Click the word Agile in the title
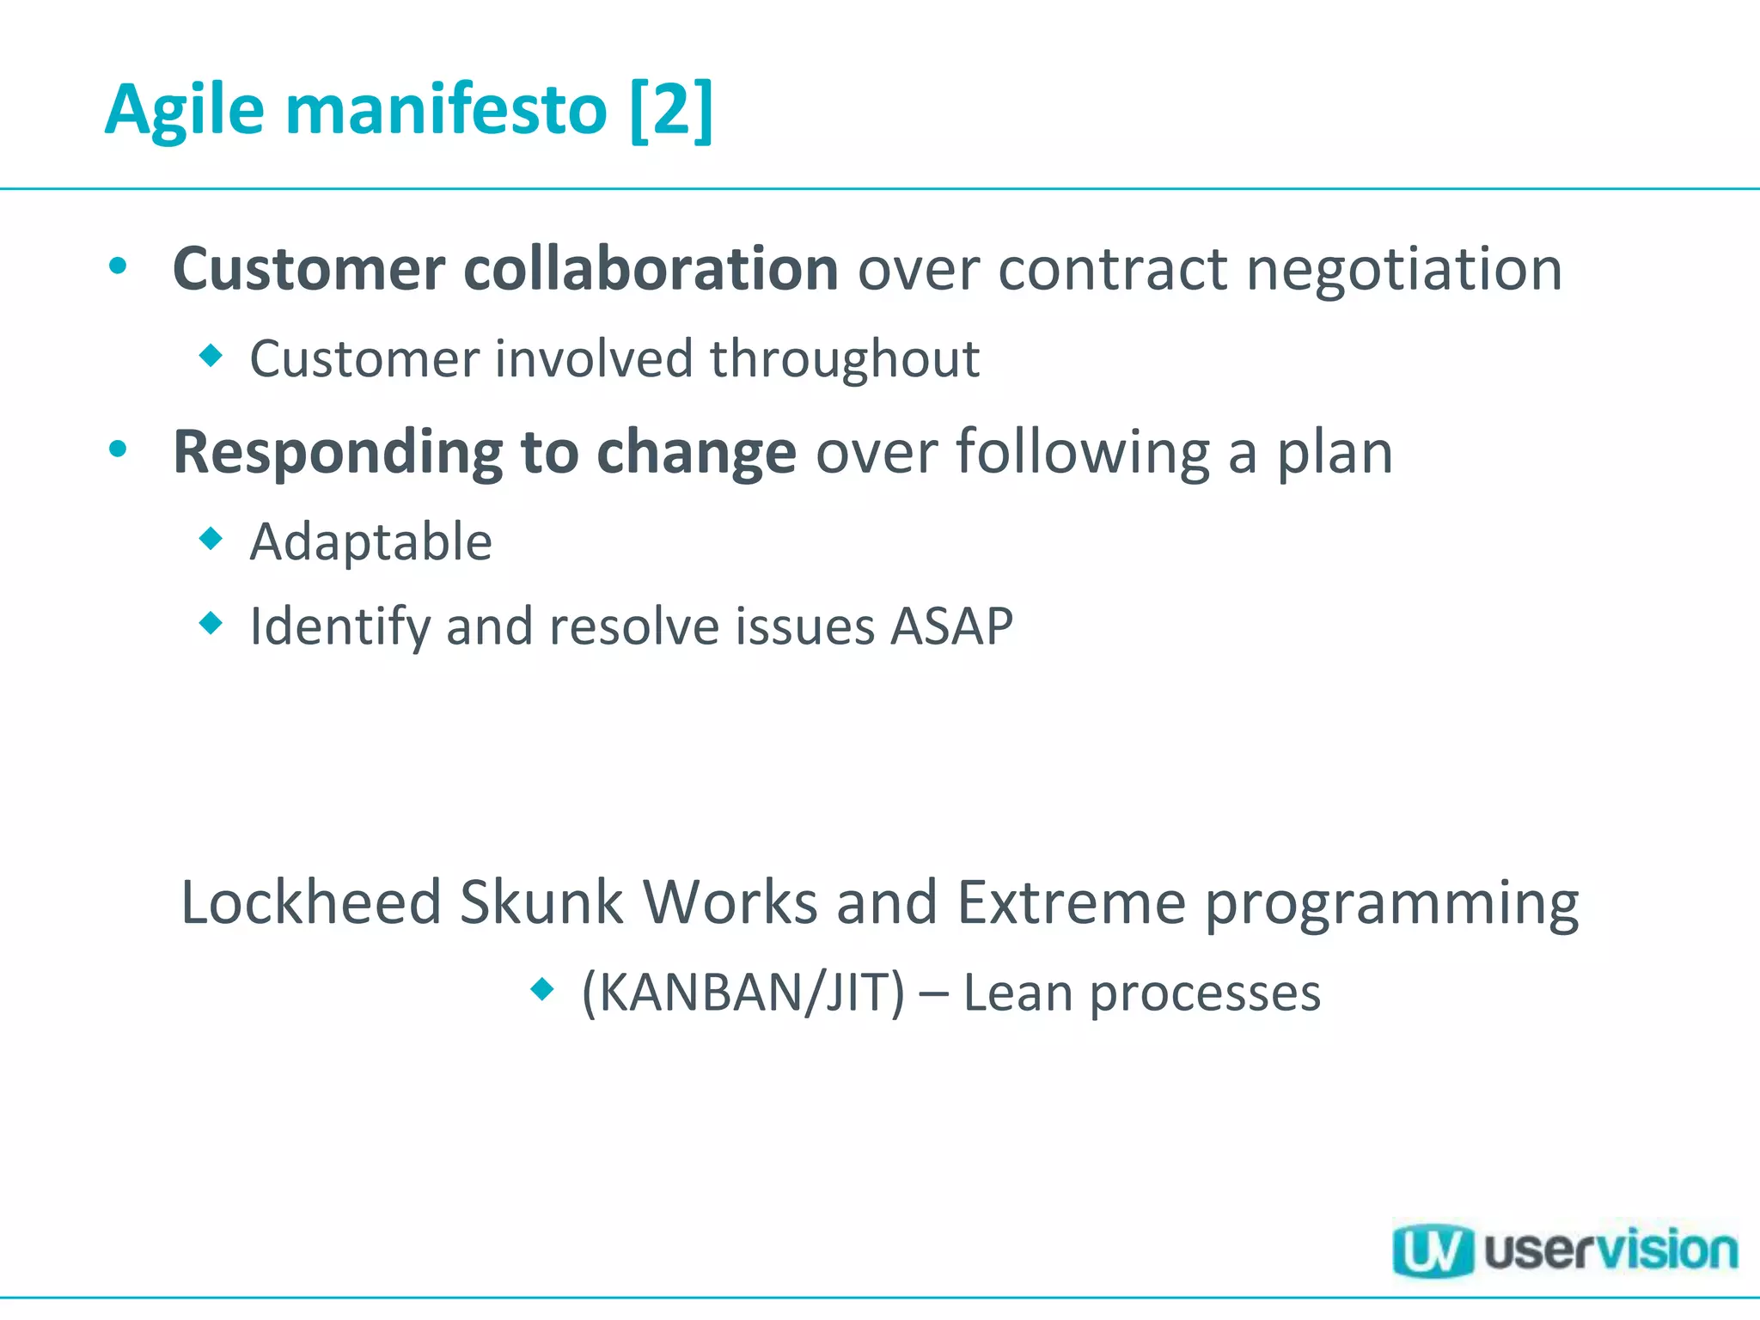(x=185, y=110)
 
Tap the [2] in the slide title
(x=671, y=110)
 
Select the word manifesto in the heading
(x=446, y=110)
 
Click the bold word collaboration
(x=651, y=269)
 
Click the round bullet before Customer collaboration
(x=119, y=266)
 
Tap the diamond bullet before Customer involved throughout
(x=211, y=355)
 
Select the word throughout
(x=844, y=359)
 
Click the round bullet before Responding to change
(x=119, y=449)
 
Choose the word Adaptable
(x=370, y=542)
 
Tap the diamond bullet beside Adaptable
(x=211, y=539)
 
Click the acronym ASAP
(x=951, y=626)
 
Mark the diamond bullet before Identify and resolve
(x=211, y=622)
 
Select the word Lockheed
(x=311, y=902)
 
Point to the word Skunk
(x=541, y=902)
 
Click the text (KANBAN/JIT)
(x=743, y=993)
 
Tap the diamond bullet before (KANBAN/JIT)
(x=542, y=989)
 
